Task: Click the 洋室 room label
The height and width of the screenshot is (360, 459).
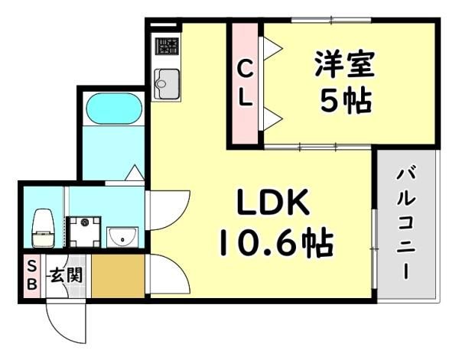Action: pos(345,64)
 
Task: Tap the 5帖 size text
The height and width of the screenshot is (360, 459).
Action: pos(346,101)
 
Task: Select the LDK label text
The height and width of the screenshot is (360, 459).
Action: pos(273,202)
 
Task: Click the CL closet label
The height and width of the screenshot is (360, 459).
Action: pos(246,85)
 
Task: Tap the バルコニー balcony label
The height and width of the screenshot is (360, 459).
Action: pos(406,222)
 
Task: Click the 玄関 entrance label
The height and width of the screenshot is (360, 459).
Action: pos(66,275)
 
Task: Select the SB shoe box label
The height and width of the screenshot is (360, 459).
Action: pos(32,275)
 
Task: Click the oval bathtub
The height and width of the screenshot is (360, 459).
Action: pos(113,109)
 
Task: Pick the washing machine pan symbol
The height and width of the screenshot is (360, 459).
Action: pos(83,232)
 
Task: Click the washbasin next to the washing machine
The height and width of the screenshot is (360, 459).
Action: pos(122,237)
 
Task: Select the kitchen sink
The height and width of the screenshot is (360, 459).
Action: pos(167,84)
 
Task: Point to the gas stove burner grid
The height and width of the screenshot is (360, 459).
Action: pos(167,46)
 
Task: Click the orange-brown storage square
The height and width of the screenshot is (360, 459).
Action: pos(119,276)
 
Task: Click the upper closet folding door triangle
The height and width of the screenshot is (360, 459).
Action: pos(272,48)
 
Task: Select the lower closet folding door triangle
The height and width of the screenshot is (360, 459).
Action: pos(272,118)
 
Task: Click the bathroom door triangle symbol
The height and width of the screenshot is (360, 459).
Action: pos(135,173)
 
